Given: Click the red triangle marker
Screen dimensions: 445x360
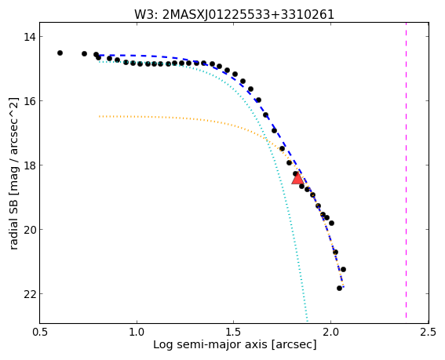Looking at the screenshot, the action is [x=297, y=179].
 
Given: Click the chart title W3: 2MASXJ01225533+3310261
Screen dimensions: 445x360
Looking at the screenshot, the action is [x=234, y=14].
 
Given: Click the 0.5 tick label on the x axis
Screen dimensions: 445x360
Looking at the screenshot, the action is [x=40, y=332].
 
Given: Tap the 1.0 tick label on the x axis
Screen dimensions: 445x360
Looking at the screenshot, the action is [x=137, y=332].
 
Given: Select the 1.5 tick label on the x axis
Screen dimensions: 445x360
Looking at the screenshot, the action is [x=234, y=332].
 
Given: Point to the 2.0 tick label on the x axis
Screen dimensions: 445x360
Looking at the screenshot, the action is [x=330, y=332].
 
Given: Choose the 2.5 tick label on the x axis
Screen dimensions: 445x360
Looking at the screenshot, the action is [x=428, y=332].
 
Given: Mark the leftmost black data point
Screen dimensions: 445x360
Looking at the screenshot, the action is [x=60, y=53].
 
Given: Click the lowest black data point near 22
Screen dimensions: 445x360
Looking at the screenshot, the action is [x=339, y=288].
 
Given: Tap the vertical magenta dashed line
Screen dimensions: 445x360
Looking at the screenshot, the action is [x=406, y=170].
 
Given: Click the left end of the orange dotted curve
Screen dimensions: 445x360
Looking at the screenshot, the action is [x=99, y=116].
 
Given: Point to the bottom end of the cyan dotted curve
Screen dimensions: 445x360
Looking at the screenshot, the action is [x=308, y=322].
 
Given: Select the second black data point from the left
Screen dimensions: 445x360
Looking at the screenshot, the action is [x=84, y=53].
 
